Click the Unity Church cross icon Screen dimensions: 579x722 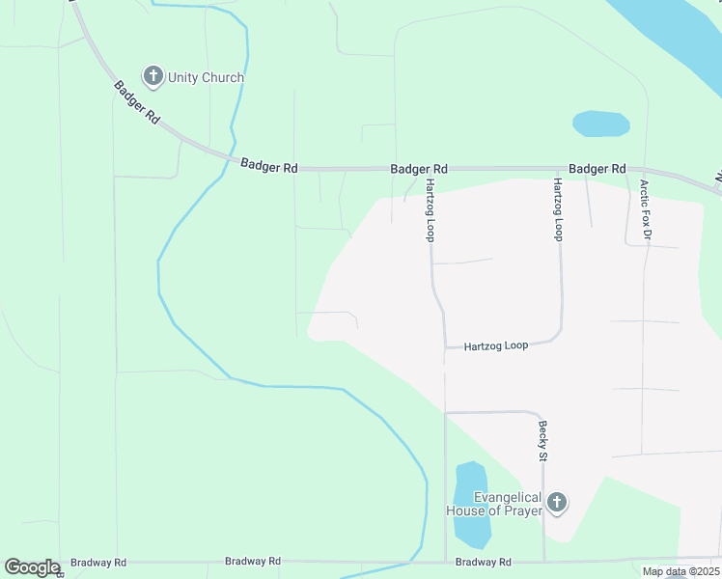click(x=152, y=76)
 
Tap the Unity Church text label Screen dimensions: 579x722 click(x=206, y=77)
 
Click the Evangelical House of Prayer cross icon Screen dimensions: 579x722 click(x=556, y=502)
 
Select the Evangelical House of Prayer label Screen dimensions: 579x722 click(x=493, y=504)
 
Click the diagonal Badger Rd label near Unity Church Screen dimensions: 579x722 click(x=136, y=102)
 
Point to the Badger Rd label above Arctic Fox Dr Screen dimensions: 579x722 click(x=597, y=168)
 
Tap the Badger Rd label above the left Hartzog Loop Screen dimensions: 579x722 click(x=419, y=168)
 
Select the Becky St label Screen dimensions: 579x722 click(x=543, y=440)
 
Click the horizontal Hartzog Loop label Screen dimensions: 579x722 click(x=495, y=345)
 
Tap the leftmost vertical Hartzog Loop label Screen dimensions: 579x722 click(x=431, y=209)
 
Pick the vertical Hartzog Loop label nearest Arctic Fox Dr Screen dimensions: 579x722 click(x=558, y=209)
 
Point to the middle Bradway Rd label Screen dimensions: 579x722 click(x=252, y=561)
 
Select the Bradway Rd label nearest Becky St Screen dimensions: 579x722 click(x=483, y=562)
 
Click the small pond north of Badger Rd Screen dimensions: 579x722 click(x=600, y=124)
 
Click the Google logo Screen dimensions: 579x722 click(x=31, y=567)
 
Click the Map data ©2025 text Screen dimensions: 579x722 click(x=680, y=571)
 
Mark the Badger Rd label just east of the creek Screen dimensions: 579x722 click(x=268, y=166)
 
